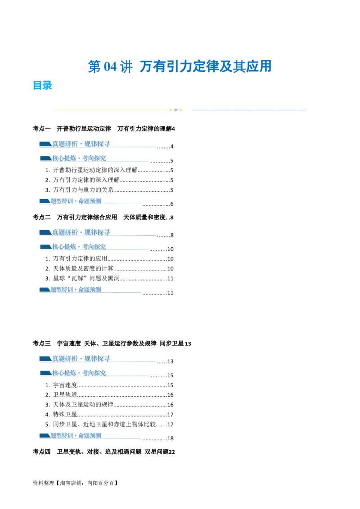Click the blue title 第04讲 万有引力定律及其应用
pyautogui.click(x=180, y=67)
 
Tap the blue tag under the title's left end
pyautogui.click(x=43, y=86)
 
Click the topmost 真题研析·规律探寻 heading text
pyautogui.click(x=81, y=144)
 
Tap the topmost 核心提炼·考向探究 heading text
pyautogui.click(x=79, y=158)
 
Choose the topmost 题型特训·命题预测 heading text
pyautogui.click(x=76, y=201)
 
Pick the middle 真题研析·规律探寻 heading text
pyautogui.click(x=81, y=232)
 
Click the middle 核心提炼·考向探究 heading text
pyautogui.click(x=79, y=246)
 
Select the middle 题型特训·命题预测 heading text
pyautogui.click(x=76, y=290)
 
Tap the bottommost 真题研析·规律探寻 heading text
pyautogui.click(x=81, y=358)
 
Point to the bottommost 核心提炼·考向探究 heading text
pyautogui.click(x=79, y=373)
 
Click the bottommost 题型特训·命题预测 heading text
pyautogui.click(x=76, y=435)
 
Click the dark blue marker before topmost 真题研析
pyautogui.click(x=45, y=144)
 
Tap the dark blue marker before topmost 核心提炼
pyautogui.click(x=45, y=158)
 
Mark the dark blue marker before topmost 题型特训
pyautogui.click(x=45, y=201)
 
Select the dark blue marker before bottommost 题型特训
pyautogui.click(x=45, y=435)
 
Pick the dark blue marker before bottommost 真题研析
pyautogui.click(x=45, y=358)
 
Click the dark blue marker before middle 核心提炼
pyautogui.click(x=45, y=246)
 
